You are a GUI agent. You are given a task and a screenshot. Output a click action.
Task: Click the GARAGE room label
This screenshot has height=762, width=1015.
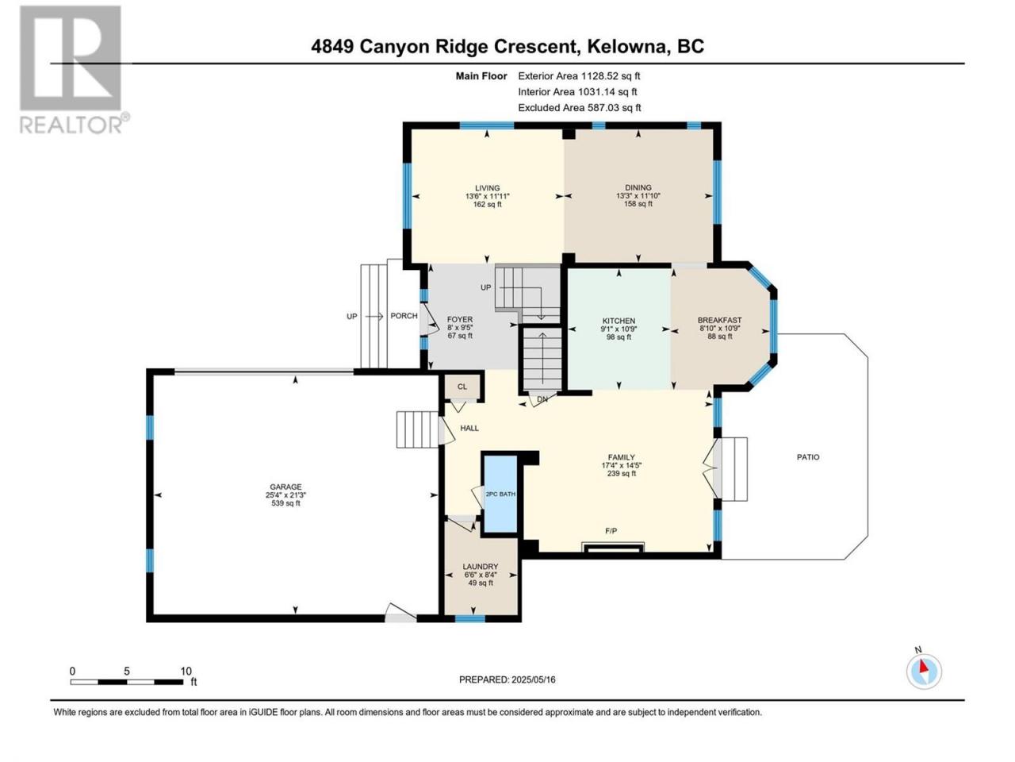pyautogui.click(x=285, y=487)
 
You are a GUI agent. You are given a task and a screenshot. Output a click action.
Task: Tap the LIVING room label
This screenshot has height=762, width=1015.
pyautogui.click(x=488, y=188)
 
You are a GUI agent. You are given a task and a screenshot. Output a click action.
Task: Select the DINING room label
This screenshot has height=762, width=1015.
pyautogui.click(x=638, y=187)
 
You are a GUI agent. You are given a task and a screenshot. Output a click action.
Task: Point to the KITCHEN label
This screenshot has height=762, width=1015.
pyautogui.click(x=619, y=321)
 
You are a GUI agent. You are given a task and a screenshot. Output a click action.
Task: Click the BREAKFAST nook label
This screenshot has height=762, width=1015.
pyautogui.click(x=719, y=320)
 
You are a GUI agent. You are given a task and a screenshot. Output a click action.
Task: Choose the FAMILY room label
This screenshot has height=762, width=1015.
pyautogui.click(x=622, y=457)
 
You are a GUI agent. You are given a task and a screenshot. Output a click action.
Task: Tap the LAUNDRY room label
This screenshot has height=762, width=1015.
pyautogui.click(x=481, y=567)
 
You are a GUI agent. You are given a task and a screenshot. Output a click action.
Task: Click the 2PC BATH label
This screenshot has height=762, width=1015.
pyautogui.click(x=500, y=495)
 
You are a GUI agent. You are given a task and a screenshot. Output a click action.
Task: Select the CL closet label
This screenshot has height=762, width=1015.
pyautogui.click(x=462, y=387)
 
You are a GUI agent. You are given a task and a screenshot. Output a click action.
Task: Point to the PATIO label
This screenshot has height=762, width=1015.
pyautogui.click(x=808, y=457)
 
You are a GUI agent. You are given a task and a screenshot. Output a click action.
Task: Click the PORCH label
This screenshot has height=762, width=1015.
pyautogui.click(x=404, y=316)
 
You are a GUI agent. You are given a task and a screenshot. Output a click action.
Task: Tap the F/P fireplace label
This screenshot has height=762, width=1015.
pyautogui.click(x=611, y=531)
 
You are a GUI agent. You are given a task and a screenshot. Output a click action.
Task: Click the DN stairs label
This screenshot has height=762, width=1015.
pyautogui.click(x=542, y=398)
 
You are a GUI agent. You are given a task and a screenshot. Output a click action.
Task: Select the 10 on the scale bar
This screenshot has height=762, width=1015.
pyautogui.click(x=186, y=672)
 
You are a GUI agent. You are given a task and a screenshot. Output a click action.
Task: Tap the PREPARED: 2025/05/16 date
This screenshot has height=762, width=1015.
pyautogui.click(x=507, y=679)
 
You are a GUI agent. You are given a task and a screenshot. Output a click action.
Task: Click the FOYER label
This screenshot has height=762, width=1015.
pyautogui.click(x=460, y=320)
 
